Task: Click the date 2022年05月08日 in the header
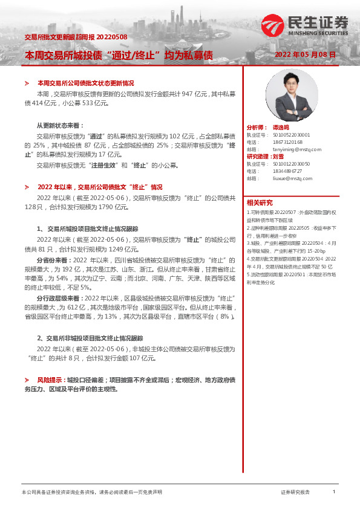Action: click(x=305, y=54)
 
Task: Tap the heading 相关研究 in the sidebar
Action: click(x=260, y=202)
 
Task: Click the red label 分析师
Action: click(x=256, y=128)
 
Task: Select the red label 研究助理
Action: click(x=260, y=157)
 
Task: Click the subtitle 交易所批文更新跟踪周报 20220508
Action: click(x=76, y=37)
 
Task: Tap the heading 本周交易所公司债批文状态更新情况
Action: click(x=85, y=83)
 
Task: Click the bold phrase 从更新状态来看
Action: click(x=61, y=125)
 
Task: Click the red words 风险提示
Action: click(x=51, y=379)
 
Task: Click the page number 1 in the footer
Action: click(x=333, y=492)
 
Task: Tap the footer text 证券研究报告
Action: click(x=295, y=492)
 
